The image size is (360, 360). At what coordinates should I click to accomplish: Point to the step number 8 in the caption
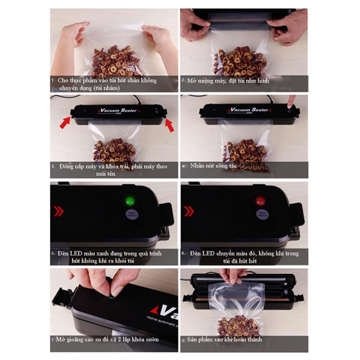(183, 339)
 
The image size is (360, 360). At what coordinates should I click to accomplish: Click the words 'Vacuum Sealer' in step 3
(117, 110)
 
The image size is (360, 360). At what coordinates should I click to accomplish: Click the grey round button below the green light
(132, 214)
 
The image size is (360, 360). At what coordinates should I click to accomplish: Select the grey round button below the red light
(261, 214)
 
